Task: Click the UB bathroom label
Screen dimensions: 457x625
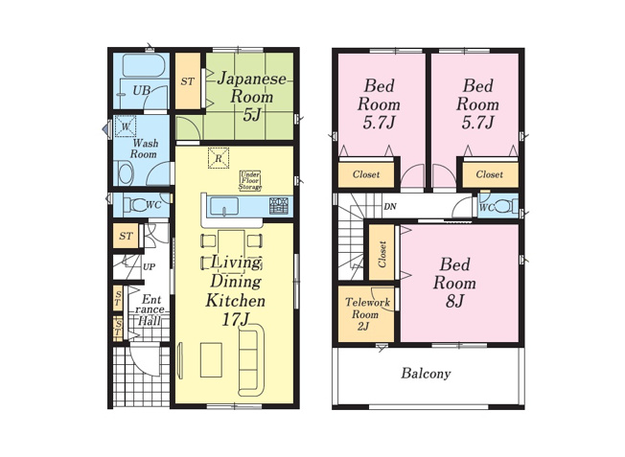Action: click(x=141, y=91)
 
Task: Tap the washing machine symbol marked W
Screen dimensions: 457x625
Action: click(x=126, y=126)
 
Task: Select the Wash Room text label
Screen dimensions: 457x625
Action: click(x=143, y=148)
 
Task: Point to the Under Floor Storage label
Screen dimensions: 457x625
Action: click(x=250, y=180)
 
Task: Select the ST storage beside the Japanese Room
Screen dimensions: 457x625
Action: click(x=187, y=81)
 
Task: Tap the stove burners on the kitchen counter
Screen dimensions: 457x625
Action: click(x=278, y=206)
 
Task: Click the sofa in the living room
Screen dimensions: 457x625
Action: click(x=251, y=360)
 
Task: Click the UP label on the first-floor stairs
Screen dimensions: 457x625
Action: click(x=149, y=266)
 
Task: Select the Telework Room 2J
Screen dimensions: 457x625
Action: click(x=367, y=314)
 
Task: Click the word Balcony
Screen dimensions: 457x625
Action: click(x=426, y=374)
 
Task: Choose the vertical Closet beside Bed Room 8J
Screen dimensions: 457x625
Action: click(x=382, y=253)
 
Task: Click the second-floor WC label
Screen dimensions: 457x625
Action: click(x=487, y=206)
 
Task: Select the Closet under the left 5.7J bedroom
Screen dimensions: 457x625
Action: click(x=366, y=175)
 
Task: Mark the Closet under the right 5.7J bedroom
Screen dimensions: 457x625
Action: click(x=489, y=175)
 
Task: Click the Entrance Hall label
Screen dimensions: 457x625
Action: click(x=149, y=309)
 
